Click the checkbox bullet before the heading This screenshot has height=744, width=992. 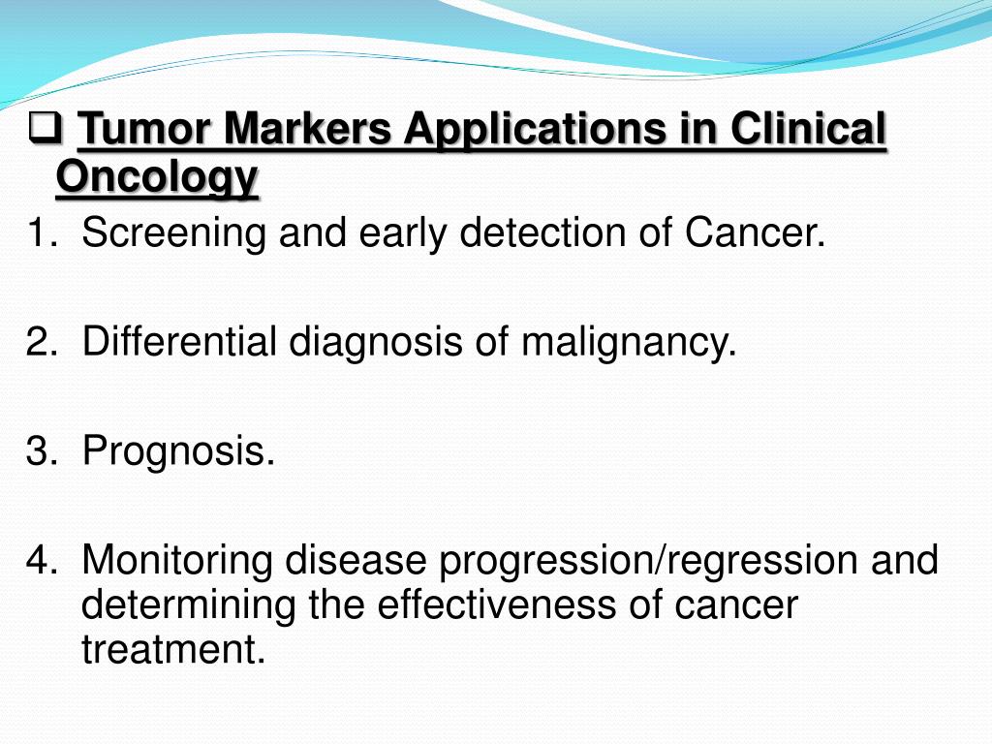click(47, 128)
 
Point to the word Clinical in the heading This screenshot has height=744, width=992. click(809, 130)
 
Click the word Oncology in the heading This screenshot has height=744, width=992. click(157, 177)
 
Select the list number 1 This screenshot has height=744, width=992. click(40, 233)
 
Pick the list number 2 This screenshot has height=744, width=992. click(40, 342)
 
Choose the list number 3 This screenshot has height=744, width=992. click(40, 451)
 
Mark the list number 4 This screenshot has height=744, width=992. click(40, 560)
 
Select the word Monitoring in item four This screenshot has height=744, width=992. click(180, 560)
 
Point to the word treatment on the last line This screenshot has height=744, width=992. click(172, 649)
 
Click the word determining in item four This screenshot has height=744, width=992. click(190, 604)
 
